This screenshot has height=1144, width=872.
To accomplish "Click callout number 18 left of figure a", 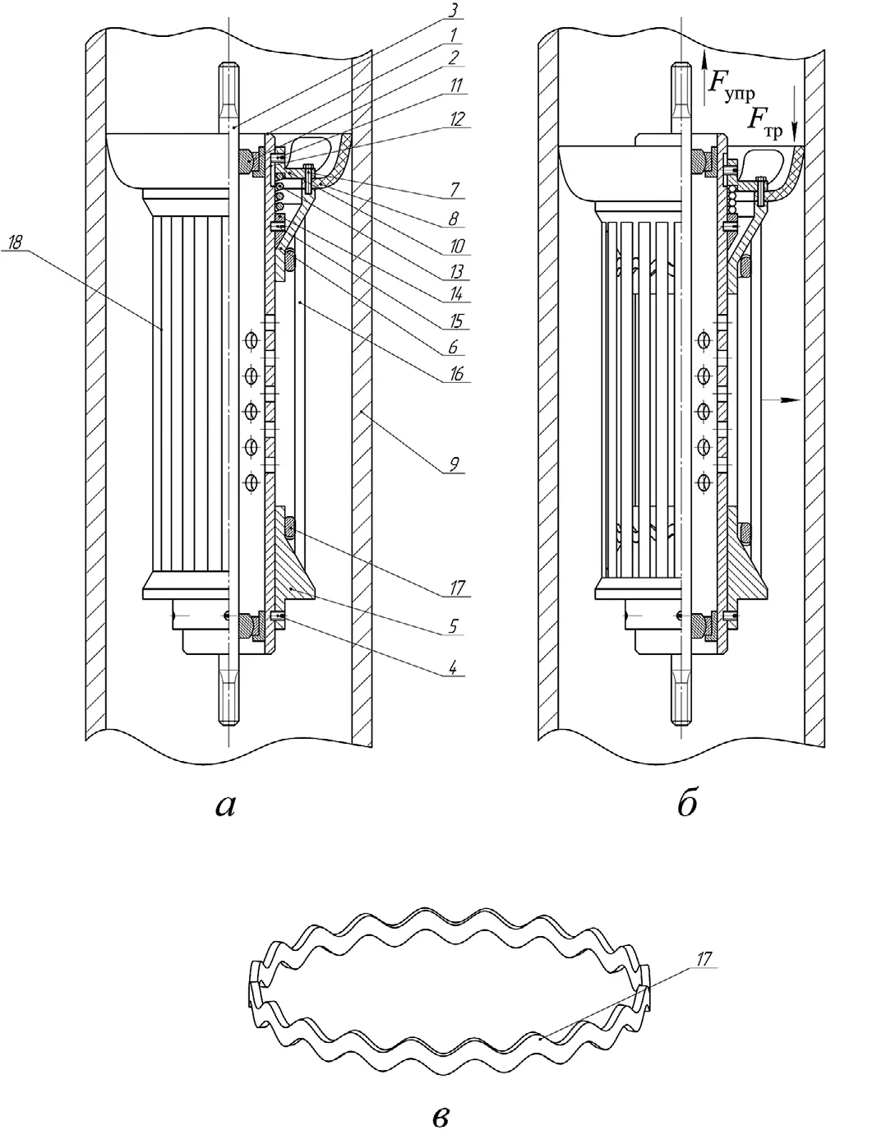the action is click(16, 242).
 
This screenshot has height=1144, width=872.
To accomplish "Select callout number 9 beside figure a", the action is click(454, 464).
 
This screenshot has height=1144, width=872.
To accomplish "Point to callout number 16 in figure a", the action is click(457, 374).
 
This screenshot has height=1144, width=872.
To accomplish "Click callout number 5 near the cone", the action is click(454, 625).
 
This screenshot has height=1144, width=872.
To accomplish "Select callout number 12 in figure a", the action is click(457, 119).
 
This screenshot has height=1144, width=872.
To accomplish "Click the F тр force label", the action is click(765, 123).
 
